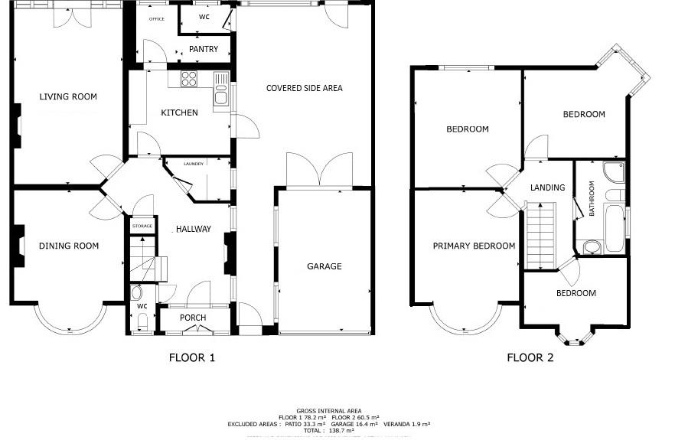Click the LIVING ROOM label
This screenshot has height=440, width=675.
(x=68, y=96)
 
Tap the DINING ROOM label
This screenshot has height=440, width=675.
(x=70, y=246)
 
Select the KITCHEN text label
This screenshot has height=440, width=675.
(x=179, y=112)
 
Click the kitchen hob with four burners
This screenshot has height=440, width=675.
(x=188, y=78)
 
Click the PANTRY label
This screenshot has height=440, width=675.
(x=203, y=49)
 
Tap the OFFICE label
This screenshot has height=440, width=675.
(x=156, y=18)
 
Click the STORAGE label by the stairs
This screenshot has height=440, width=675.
(x=142, y=227)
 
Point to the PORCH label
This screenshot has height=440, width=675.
(x=193, y=318)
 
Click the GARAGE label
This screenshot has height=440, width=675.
(x=324, y=266)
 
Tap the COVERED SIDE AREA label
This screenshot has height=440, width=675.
(x=304, y=88)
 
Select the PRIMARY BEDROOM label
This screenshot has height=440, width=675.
(x=474, y=246)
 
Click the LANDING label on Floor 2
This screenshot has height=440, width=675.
(x=547, y=187)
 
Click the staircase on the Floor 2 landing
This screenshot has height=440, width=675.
(x=540, y=236)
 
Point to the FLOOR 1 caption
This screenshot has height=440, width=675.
(x=192, y=357)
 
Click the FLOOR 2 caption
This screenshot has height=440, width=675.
(x=530, y=357)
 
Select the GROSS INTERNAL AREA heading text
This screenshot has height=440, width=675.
(x=328, y=410)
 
